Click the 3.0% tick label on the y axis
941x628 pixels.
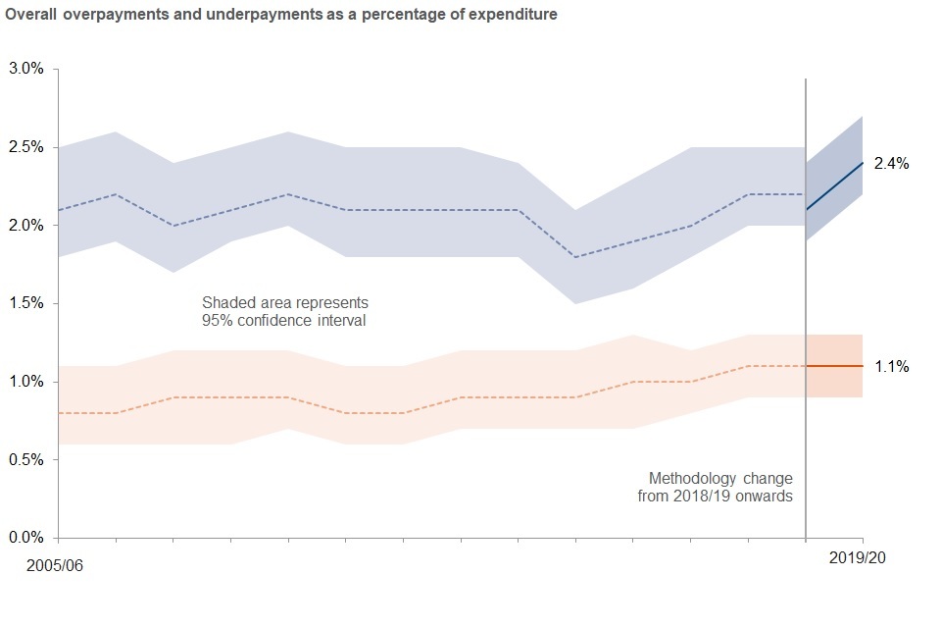click(x=27, y=69)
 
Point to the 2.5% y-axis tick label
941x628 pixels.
click(x=27, y=147)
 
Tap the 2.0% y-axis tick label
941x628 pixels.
click(x=27, y=225)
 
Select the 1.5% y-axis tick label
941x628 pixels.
click(x=27, y=303)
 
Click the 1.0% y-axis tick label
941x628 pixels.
click(x=27, y=381)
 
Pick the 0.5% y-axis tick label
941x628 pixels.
click(x=27, y=459)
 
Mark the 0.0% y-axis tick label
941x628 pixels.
click(x=27, y=537)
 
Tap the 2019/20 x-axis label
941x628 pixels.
click(x=859, y=556)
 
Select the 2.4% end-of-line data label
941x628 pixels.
click(x=892, y=164)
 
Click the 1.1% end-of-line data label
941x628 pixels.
click(x=892, y=366)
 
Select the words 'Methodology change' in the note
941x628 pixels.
click(x=720, y=479)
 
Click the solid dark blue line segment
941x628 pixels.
click(x=834, y=186)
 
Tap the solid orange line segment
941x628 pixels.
click(x=834, y=366)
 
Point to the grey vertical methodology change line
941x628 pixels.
click(x=806, y=294)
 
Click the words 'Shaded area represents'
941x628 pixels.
click(x=285, y=302)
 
